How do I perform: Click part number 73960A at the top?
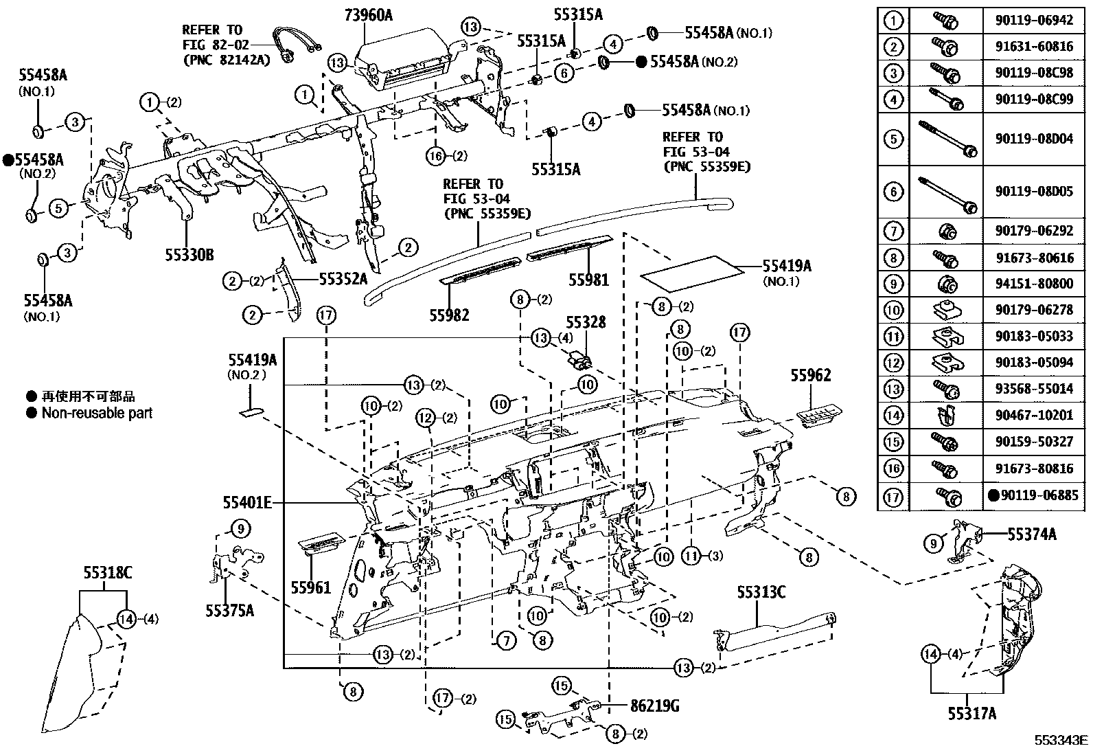[x=367, y=15]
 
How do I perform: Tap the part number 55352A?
[x=343, y=280]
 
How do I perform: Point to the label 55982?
[x=450, y=315]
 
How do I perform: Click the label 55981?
[x=588, y=280]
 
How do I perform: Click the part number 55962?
[x=810, y=375]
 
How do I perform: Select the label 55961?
[x=310, y=588]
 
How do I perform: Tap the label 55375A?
[x=229, y=610]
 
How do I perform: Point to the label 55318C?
[x=108, y=573]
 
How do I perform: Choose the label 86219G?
[x=655, y=706]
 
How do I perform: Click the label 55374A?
[x=1032, y=534]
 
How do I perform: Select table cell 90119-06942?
[x=1033, y=21]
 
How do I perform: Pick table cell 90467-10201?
[x=1033, y=416]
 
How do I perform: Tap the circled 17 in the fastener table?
[x=893, y=495]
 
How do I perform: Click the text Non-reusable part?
[x=97, y=414]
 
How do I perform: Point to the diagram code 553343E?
[x=1062, y=741]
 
